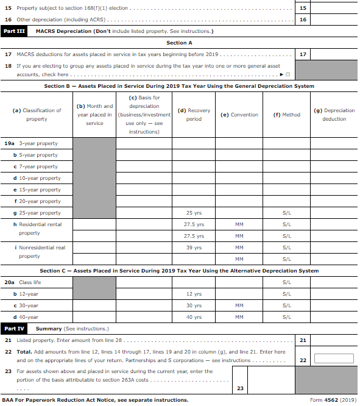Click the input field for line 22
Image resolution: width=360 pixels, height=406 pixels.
[334, 358]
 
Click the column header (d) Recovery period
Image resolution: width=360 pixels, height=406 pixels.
[193, 115]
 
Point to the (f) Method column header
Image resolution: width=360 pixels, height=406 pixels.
[286, 115]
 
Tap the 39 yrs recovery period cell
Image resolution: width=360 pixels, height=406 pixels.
[193, 248]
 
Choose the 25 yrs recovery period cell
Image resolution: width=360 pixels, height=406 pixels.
[193, 213]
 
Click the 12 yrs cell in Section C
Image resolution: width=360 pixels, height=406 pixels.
[193, 294]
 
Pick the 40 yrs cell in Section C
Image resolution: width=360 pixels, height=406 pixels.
[193, 317]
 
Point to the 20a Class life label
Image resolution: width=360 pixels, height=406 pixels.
[23, 282]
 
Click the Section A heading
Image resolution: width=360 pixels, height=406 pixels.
[179, 43]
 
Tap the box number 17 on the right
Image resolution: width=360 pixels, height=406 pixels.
[303, 54]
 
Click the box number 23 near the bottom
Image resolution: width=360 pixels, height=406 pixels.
[240, 388]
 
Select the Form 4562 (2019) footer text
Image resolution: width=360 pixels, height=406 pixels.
[333, 400]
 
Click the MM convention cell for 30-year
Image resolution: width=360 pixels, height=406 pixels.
[239, 305]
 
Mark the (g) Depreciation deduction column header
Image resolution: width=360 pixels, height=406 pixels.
[334, 115]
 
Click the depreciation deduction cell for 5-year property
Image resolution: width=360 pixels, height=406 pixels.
[334, 155]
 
